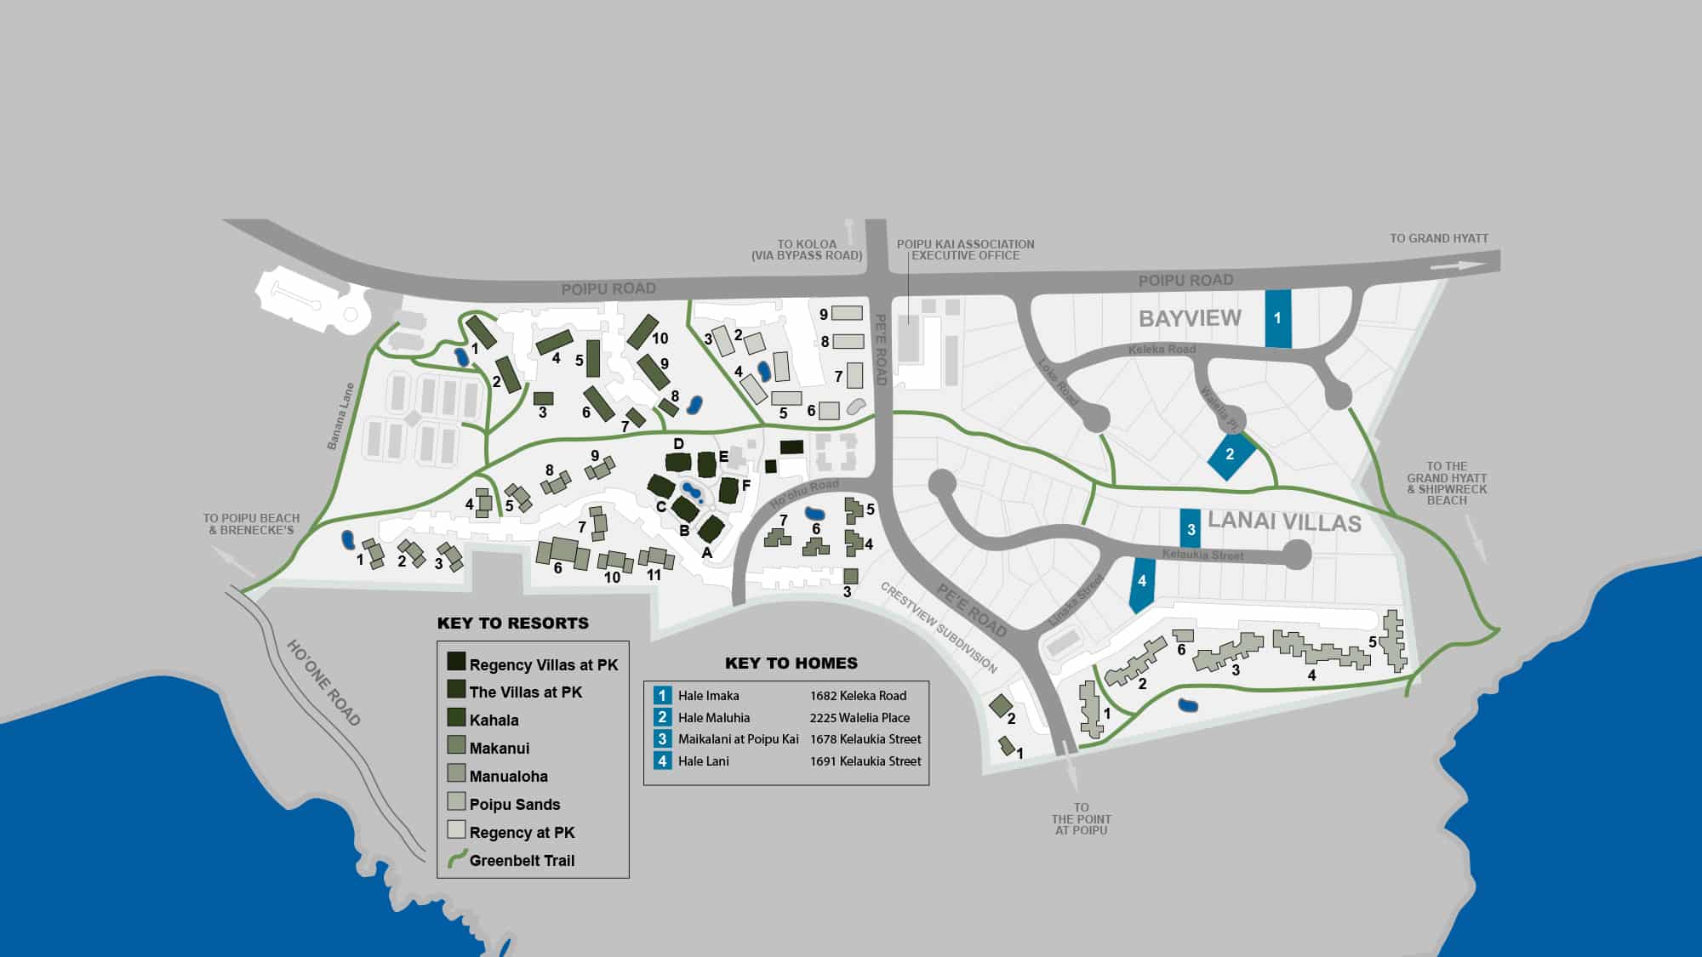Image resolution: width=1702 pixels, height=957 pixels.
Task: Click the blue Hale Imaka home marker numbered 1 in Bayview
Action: click(x=1277, y=318)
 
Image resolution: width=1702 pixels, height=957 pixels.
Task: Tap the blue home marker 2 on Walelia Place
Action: click(x=1231, y=455)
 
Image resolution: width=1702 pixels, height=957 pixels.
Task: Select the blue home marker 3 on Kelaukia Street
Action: click(x=1190, y=528)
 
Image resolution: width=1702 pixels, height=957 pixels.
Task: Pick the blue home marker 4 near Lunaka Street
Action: click(x=1142, y=583)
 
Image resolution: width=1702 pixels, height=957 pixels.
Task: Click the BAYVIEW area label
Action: click(x=1190, y=318)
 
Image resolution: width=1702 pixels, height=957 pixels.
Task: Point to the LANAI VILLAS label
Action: click(x=1284, y=521)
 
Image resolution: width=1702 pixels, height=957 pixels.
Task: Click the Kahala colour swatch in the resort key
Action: click(x=456, y=718)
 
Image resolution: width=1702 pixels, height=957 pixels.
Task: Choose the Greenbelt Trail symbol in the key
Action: click(x=456, y=858)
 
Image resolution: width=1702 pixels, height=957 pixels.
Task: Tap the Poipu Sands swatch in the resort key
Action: click(x=456, y=802)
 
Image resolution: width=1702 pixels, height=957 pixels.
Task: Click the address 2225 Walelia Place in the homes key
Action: click(x=860, y=718)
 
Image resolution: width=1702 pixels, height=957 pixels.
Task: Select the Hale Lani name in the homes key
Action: click(x=703, y=761)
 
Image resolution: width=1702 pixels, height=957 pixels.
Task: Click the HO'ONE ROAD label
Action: click(x=324, y=683)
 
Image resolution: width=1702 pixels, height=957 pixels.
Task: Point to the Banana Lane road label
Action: click(x=340, y=417)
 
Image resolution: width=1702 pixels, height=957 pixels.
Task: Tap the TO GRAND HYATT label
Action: click(x=1439, y=239)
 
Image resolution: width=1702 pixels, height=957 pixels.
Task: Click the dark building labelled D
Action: click(x=678, y=463)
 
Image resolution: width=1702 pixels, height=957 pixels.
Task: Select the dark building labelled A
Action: click(x=711, y=529)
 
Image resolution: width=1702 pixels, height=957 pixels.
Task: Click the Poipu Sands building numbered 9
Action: click(x=847, y=313)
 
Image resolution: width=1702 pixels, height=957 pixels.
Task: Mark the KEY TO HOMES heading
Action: click(x=791, y=664)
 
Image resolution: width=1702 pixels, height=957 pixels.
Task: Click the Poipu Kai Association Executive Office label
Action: click(x=965, y=249)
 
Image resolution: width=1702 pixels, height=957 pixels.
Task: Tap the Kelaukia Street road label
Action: click(x=1202, y=555)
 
